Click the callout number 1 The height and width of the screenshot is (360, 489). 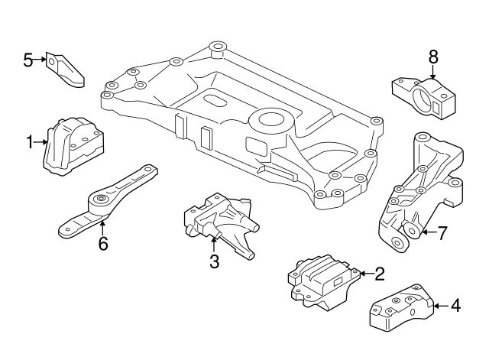[31, 141]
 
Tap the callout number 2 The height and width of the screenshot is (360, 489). [379, 272]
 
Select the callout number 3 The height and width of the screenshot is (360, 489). [214, 262]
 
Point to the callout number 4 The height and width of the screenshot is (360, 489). [455, 306]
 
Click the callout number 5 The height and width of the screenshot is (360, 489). [28, 59]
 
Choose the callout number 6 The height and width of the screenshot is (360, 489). [103, 244]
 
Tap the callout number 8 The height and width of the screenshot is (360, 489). [433, 57]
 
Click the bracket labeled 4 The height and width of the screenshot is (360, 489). [402, 310]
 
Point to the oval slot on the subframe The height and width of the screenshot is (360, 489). [215, 101]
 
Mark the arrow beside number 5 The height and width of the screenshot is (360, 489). [41, 59]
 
